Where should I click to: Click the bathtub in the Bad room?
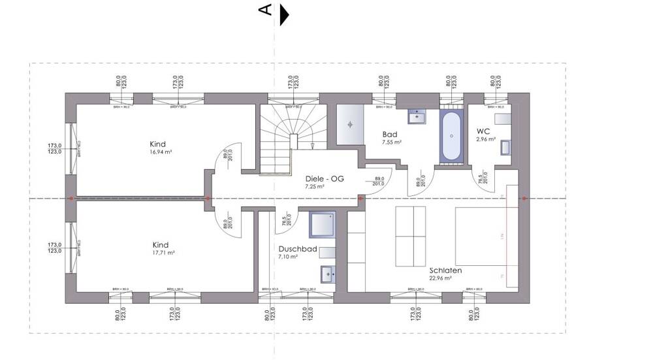(452, 137)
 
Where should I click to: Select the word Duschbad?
(297, 249)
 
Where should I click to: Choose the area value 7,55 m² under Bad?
(392, 142)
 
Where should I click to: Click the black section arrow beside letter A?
(283, 15)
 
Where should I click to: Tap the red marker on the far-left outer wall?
(71, 198)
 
